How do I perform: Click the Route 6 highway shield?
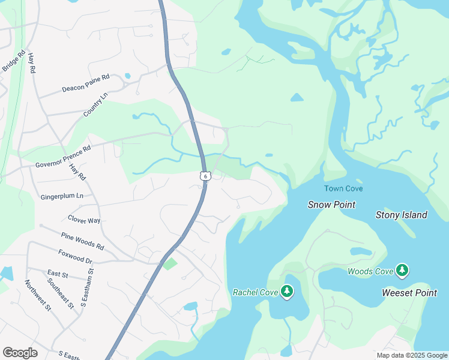coord(206,176)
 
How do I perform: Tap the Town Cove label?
coord(343,189)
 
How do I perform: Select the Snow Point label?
coord(331,205)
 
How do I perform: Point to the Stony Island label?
coord(401,215)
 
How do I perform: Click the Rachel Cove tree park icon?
coord(288,292)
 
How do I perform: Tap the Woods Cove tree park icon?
coord(402,271)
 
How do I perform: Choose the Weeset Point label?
coord(409,293)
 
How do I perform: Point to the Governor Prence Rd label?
coord(63,156)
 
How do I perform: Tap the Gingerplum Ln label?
coord(62,196)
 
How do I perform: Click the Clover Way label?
coord(84,220)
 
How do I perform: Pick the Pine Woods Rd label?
coord(82,242)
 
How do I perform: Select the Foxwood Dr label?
coord(75,257)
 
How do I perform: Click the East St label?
coord(58,274)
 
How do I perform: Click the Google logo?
coord(20,353)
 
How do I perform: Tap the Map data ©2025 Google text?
coord(411,355)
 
